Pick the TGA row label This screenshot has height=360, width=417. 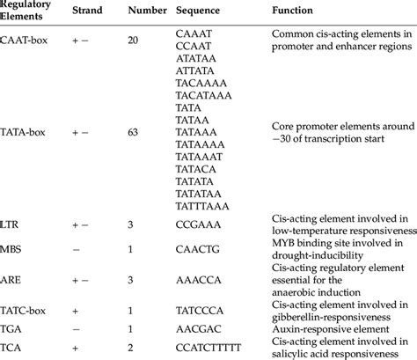click(x=15, y=327)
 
